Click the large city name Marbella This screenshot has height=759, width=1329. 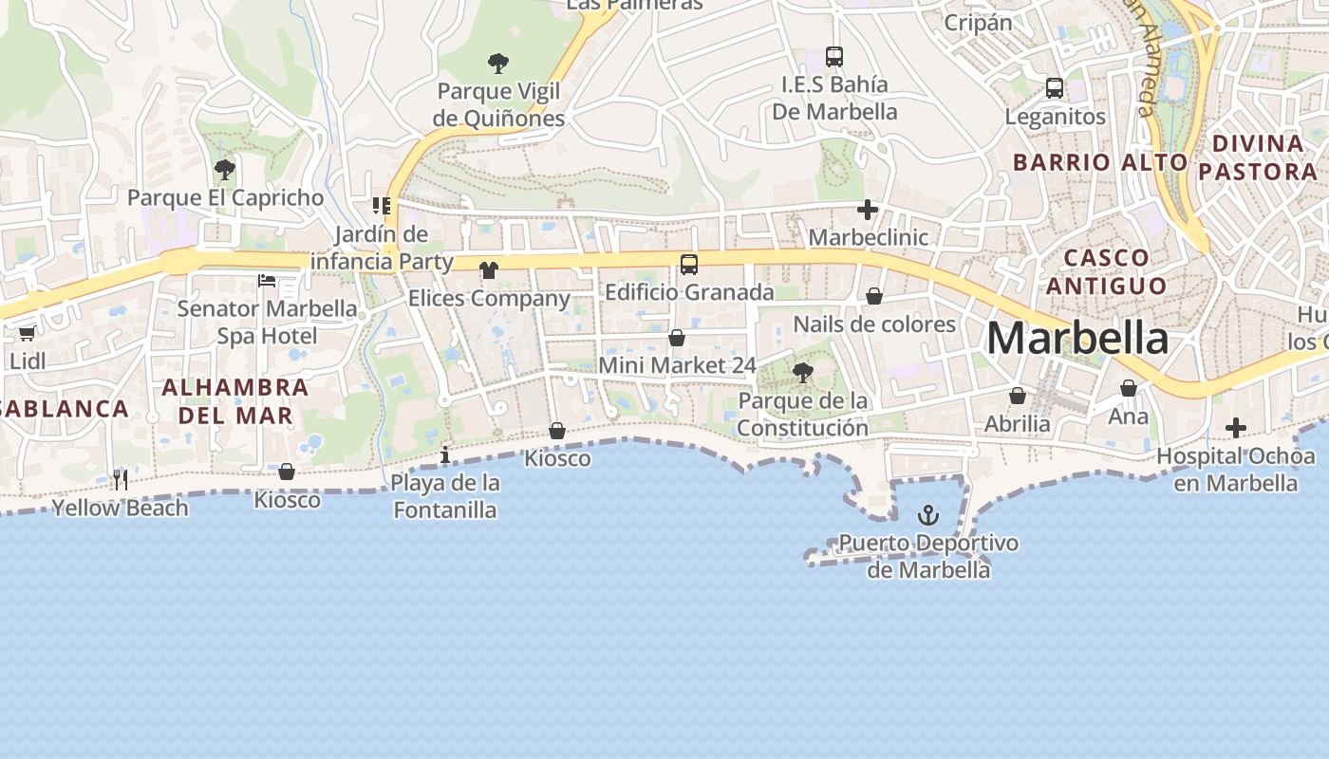tap(1077, 339)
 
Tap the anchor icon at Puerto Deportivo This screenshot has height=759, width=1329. tap(927, 515)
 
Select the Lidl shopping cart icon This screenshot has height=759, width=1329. tap(27, 333)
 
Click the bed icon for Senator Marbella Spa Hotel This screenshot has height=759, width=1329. tap(267, 281)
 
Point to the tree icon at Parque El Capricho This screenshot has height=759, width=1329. tap(225, 170)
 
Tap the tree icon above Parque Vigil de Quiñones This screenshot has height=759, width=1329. tap(497, 64)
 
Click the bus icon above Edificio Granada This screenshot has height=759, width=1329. tap(689, 265)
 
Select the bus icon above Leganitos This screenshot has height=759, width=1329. tap(1054, 88)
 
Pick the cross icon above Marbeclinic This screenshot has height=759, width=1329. tap(867, 210)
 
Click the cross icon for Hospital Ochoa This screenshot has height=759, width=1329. tap(1235, 428)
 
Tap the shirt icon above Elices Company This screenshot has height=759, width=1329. tap(489, 270)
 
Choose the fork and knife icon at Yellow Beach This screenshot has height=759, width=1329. tap(121, 479)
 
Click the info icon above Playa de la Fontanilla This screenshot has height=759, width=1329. tap(445, 455)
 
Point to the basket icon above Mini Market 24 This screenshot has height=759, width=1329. tap(677, 338)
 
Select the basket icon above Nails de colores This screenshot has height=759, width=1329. tap(874, 296)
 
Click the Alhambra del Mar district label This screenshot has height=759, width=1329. tap(234, 401)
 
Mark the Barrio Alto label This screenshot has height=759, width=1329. tap(1099, 162)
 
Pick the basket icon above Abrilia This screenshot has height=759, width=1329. tap(1018, 396)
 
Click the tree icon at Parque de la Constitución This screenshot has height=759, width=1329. tap(803, 373)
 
